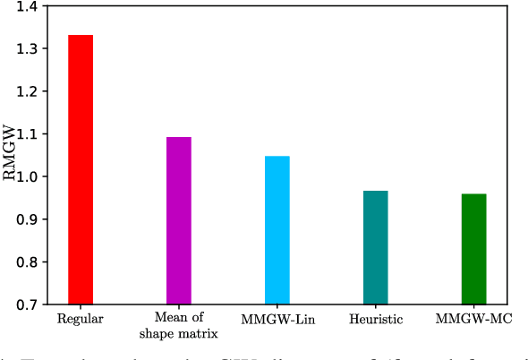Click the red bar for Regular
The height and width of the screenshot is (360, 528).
coord(80,170)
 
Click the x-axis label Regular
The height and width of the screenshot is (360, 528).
coord(80,319)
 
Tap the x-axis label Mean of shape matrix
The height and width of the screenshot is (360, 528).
coord(178,325)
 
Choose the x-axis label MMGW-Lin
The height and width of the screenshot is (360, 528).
coord(277,319)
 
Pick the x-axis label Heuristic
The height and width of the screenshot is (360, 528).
coord(375,319)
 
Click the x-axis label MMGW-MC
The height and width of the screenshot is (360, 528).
coord(473,319)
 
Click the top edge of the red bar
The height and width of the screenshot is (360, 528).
coord(80,36)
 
